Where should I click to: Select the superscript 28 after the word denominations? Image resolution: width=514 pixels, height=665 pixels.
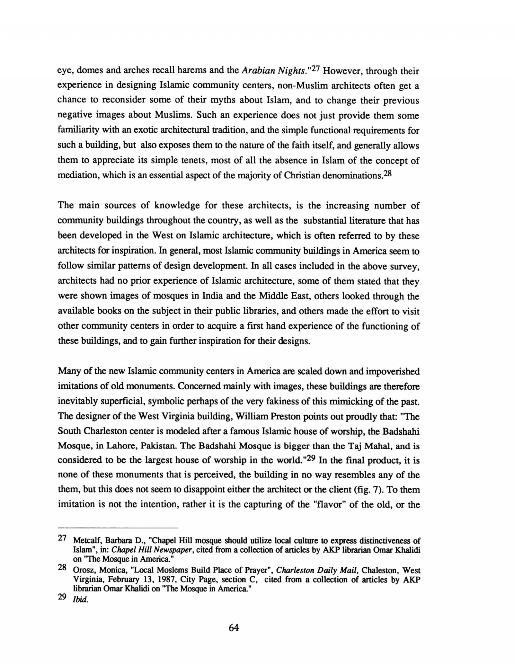point(388,173)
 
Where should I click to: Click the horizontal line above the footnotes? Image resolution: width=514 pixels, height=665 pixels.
point(118,528)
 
